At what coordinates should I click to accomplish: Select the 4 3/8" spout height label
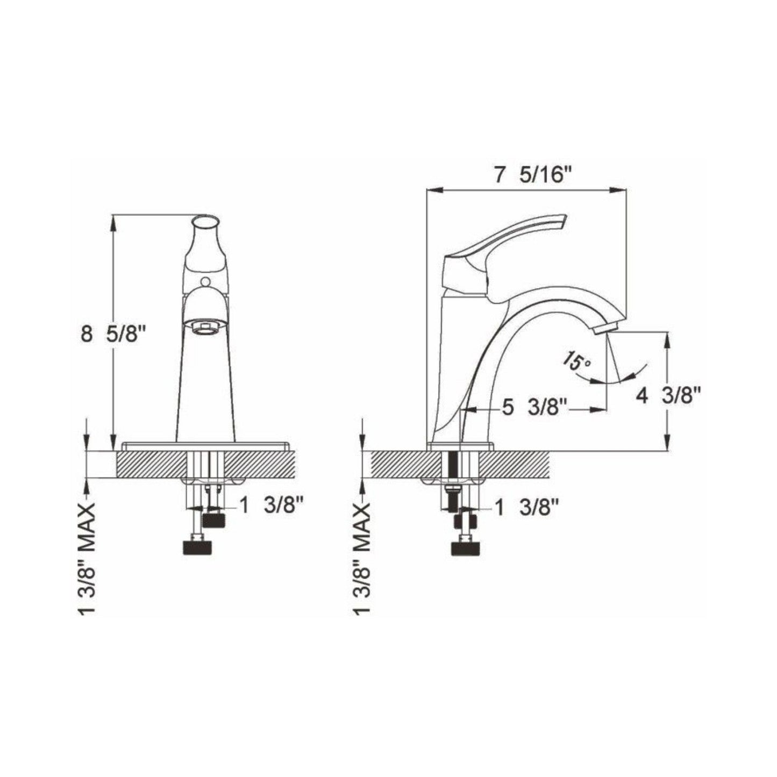(x=669, y=396)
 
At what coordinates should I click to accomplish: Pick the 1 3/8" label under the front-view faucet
(x=272, y=505)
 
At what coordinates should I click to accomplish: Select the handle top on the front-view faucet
(x=206, y=223)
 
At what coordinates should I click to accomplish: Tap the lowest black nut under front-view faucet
(x=197, y=547)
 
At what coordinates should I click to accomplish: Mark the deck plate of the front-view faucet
(x=206, y=446)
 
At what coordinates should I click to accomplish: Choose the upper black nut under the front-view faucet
(x=215, y=519)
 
